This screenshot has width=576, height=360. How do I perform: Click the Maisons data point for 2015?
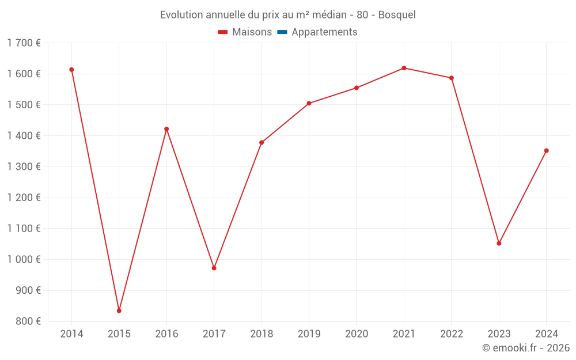[119, 310]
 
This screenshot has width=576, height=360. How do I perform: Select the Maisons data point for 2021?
[404, 68]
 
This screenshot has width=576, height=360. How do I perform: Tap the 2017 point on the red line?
[214, 268]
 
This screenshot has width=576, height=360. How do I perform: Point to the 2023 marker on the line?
[499, 243]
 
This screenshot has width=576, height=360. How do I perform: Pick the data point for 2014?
[71, 70]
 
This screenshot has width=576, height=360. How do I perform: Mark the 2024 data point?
[547, 151]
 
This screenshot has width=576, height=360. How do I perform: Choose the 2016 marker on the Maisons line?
[166, 129]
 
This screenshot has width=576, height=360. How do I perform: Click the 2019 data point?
[309, 103]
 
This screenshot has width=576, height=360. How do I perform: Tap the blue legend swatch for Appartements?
[282, 32]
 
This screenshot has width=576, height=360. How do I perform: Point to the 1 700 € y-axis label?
[24, 43]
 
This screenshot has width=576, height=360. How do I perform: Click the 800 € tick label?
[28, 321]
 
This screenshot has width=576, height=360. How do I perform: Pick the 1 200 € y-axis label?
[24, 198]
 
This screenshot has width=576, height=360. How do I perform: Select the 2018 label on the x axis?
[262, 334]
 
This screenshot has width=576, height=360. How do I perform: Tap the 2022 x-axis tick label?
[452, 334]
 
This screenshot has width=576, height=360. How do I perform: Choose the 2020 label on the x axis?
[357, 334]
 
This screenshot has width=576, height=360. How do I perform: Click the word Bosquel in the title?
[397, 15]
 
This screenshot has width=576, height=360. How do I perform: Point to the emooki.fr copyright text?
[526, 348]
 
